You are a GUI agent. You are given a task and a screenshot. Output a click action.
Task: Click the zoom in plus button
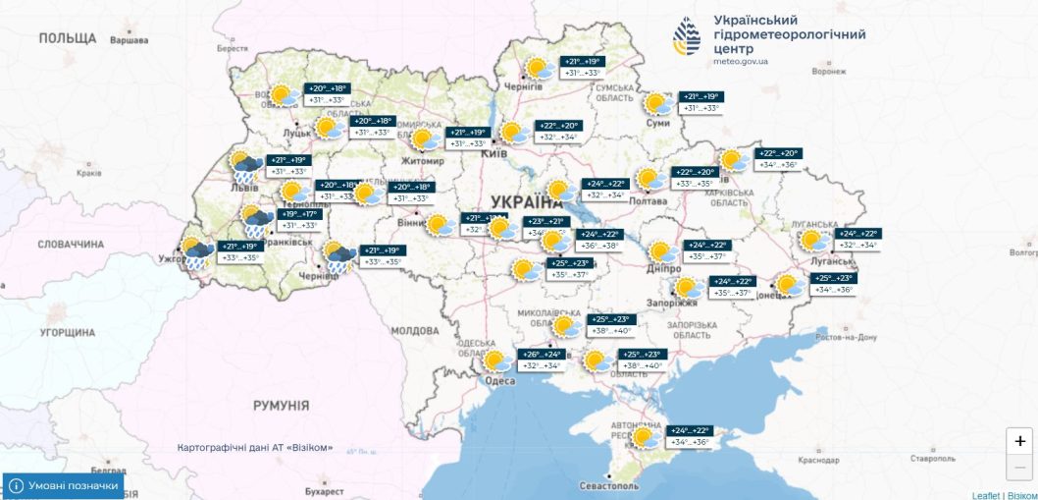[x=1018, y=442]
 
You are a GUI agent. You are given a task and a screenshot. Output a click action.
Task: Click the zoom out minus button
[x=1018, y=468]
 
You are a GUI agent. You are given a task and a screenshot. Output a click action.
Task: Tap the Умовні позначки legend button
[x=64, y=486]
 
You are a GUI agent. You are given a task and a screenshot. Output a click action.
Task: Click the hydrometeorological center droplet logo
[x=687, y=37]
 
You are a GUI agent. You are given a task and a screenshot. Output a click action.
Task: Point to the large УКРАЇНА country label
[x=519, y=201]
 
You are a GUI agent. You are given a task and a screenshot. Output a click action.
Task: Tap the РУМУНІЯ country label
[x=281, y=405]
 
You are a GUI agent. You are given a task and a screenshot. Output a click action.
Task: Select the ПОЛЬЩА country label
[x=68, y=38]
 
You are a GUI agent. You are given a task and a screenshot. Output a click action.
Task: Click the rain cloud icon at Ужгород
[x=194, y=252]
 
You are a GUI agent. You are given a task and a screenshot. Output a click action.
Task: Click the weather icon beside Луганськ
[x=812, y=241]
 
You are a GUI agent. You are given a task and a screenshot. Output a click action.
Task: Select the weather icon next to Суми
[x=657, y=104]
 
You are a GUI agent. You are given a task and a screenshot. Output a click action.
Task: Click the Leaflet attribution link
[x=985, y=495]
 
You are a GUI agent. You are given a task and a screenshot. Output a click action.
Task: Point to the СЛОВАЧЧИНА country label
[x=70, y=244]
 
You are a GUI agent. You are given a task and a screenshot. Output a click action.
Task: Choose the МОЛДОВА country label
[x=415, y=331]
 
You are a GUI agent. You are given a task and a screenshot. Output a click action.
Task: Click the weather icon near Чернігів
[x=537, y=69]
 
